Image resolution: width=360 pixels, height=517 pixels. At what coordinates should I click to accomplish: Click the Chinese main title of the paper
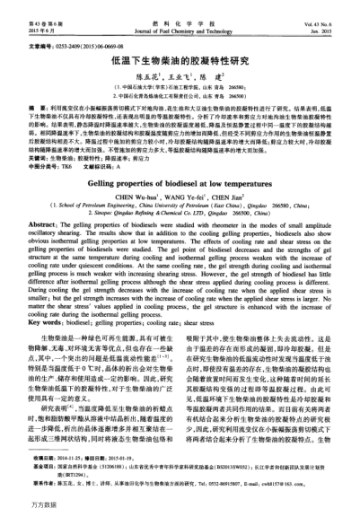pos(180,63)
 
